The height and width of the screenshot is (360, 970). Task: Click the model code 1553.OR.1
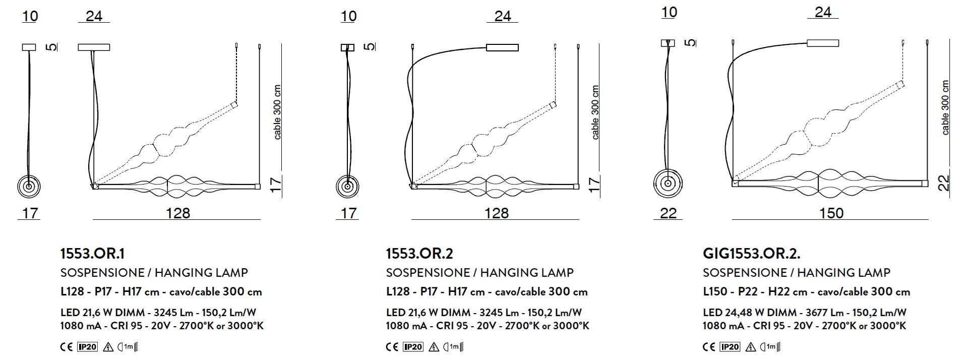(x=92, y=253)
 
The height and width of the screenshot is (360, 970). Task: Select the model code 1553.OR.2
(x=416, y=253)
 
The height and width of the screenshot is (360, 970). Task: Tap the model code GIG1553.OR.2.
(x=752, y=253)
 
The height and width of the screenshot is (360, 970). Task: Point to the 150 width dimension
(x=831, y=213)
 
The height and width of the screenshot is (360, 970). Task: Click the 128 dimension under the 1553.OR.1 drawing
(x=178, y=213)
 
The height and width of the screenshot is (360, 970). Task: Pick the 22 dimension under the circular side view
(x=668, y=213)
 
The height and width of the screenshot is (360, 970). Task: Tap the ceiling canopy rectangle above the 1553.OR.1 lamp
(x=94, y=47)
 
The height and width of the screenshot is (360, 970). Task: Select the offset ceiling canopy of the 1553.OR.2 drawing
(x=502, y=48)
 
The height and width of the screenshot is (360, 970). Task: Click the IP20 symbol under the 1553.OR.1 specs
(x=87, y=347)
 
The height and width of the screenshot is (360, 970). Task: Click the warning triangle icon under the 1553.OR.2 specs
(x=434, y=347)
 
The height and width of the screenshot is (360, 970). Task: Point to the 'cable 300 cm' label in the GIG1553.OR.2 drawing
(x=945, y=107)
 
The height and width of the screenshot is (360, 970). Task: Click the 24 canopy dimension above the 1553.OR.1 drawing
(x=94, y=16)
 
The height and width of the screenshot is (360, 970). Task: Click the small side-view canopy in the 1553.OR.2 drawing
(x=348, y=47)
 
